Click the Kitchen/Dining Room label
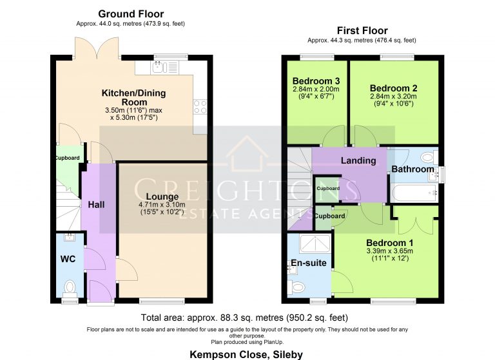133,98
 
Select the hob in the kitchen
199,106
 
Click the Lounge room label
158,196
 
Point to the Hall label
97,204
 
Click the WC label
68,260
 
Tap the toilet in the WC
70,285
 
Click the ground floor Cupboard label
66,158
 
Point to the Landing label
358,160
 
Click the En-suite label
309,263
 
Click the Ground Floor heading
131,14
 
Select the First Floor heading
362,30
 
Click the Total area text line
244,317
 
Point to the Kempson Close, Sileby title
246,354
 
